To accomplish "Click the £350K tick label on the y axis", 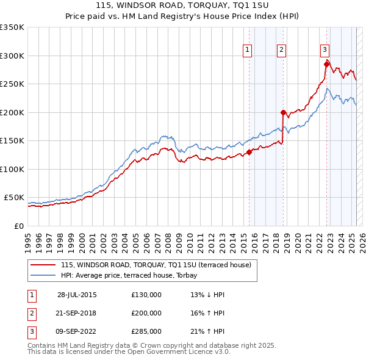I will [12, 27].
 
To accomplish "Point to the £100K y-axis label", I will [12, 169].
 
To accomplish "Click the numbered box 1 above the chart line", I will [248, 50].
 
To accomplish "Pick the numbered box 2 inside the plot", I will [281, 50].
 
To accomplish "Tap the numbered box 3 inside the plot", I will [325, 50].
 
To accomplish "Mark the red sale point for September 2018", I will [283, 112].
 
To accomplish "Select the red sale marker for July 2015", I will [249, 153].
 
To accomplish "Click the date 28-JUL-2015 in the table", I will [77, 295].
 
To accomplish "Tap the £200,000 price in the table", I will [146, 313].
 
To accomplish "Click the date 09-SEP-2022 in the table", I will [76, 331].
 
